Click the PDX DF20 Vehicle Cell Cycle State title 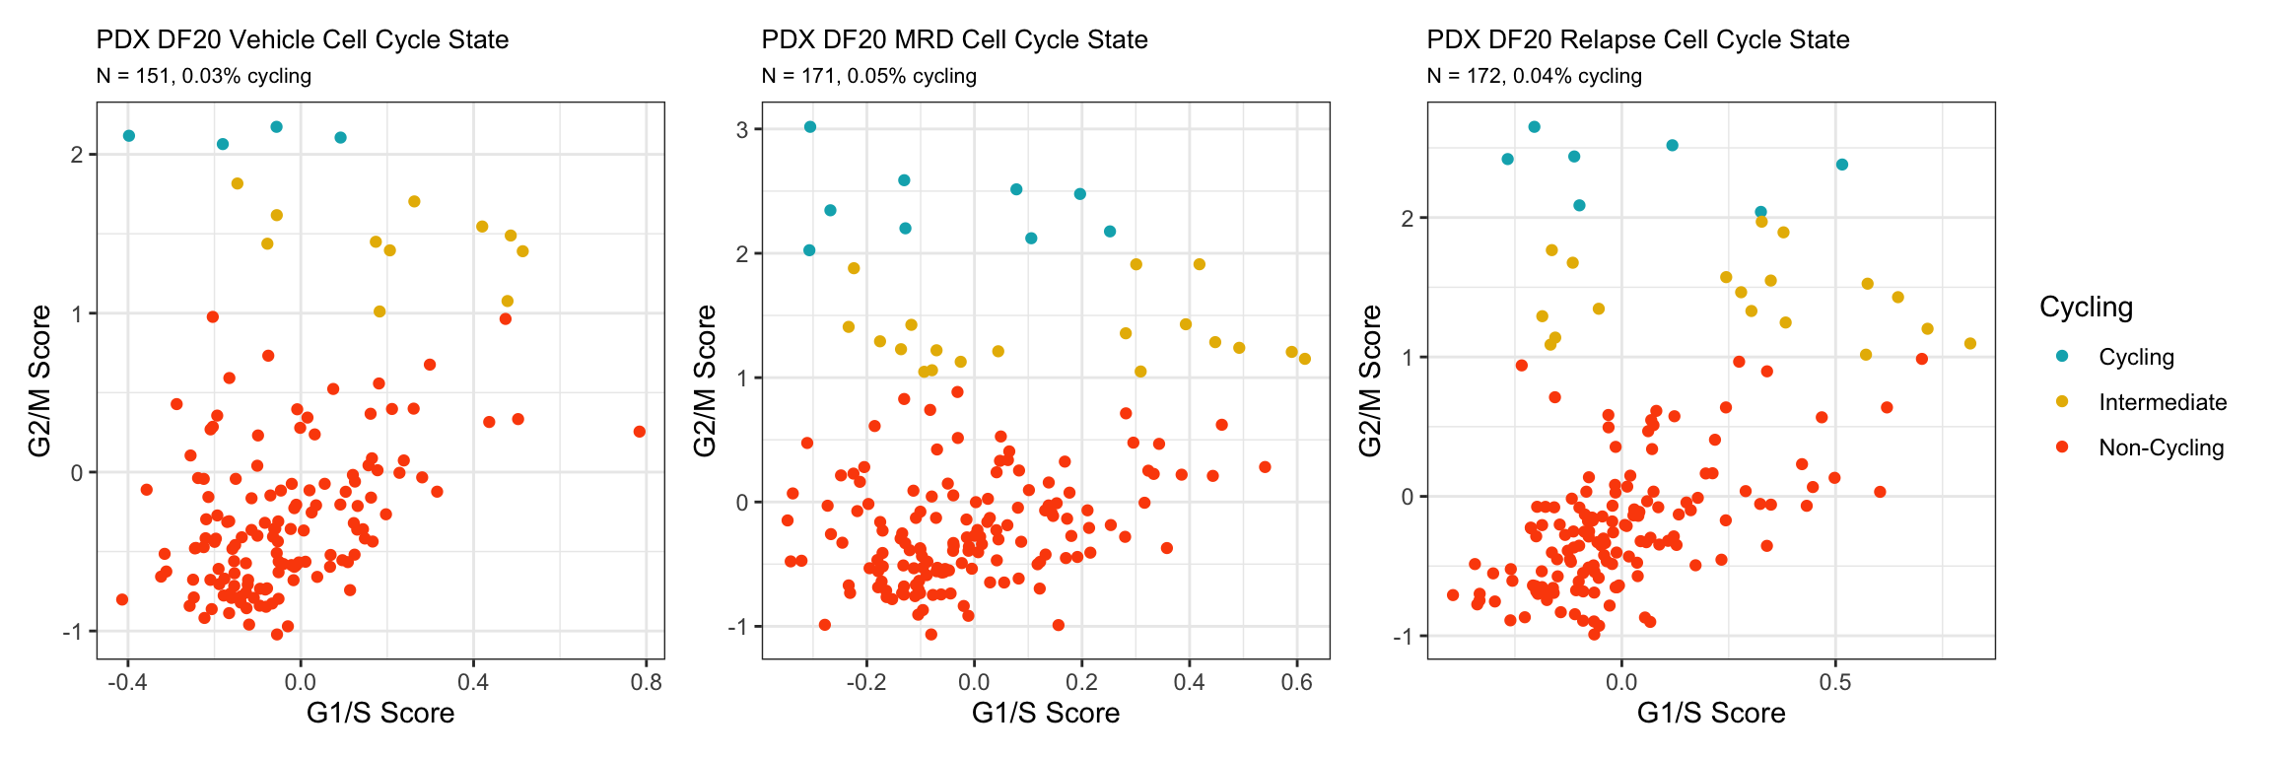(303, 39)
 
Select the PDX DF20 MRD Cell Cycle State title (954, 39)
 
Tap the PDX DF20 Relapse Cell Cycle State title (1637, 39)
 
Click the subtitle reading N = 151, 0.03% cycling (204, 76)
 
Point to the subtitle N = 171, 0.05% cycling (868, 76)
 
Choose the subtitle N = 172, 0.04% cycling (1534, 76)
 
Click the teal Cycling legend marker (2061, 356)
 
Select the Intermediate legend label (2163, 402)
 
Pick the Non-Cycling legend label (2161, 447)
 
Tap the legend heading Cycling (2086, 307)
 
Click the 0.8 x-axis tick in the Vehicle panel (647, 682)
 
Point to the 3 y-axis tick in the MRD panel (743, 129)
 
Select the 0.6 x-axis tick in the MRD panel (1297, 682)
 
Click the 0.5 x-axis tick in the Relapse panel (1834, 682)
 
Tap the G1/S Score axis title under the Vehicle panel (380, 713)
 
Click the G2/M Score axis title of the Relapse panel (1370, 380)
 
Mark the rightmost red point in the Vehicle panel (640, 432)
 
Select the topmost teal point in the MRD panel (810, 127)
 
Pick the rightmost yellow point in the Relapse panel (1970, 344)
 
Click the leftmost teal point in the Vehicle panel (129, 136)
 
